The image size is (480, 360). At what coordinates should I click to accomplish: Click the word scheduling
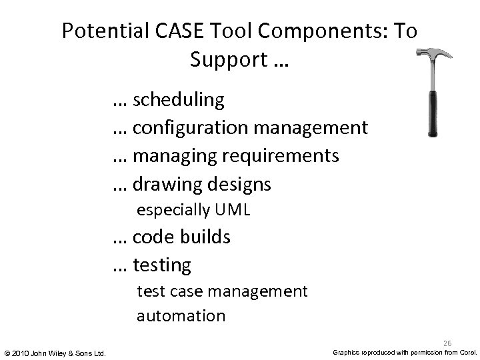click(x=179, y=100)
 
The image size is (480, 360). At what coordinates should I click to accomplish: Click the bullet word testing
click(x=162, y=265)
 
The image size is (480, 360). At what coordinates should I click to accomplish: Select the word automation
click(x=181, y=315)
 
